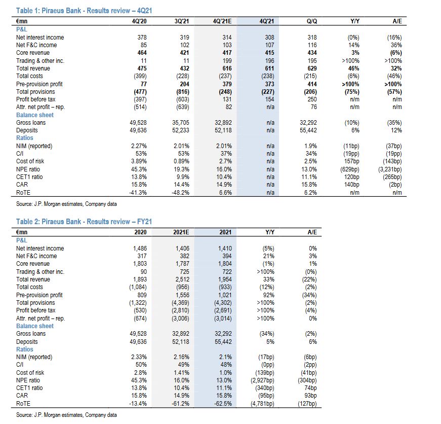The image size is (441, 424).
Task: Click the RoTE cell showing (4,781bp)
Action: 261,404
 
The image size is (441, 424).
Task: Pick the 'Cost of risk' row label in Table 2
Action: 30,373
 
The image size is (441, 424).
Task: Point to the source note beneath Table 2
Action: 66,415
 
